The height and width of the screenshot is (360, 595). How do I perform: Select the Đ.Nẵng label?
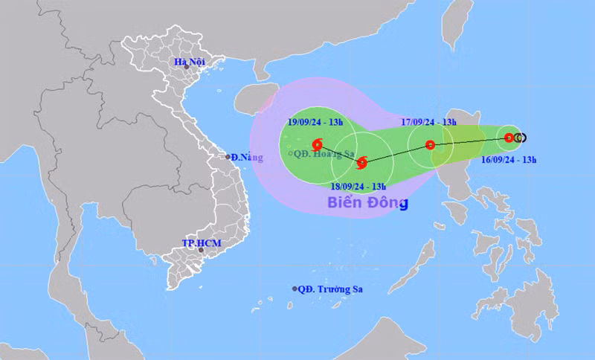pyautogui.click(x=245, y=157)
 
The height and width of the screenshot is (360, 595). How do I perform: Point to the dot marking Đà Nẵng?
pyautogui.click(x=228, y=157)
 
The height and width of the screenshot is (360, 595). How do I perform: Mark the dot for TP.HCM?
pyautogui.click(x=201, y=251)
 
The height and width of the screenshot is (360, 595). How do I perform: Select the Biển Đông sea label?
pyautogui.click(x=367, y=202)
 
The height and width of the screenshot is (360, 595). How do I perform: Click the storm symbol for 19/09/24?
pyautogui.click(x=318, y=144)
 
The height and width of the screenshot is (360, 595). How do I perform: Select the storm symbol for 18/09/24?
pyautogui.click(x=362, y=163)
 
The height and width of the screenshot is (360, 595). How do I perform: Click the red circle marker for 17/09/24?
pyautogui.click(x=430, y=145)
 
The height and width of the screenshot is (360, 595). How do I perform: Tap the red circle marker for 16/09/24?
pyautogui.click(x=509, y=138)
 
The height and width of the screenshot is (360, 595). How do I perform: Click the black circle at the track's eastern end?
pyautogui.click(x=521, y=138)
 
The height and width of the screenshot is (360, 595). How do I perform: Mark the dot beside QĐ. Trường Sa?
pyautogui.click(x=295, y=289)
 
